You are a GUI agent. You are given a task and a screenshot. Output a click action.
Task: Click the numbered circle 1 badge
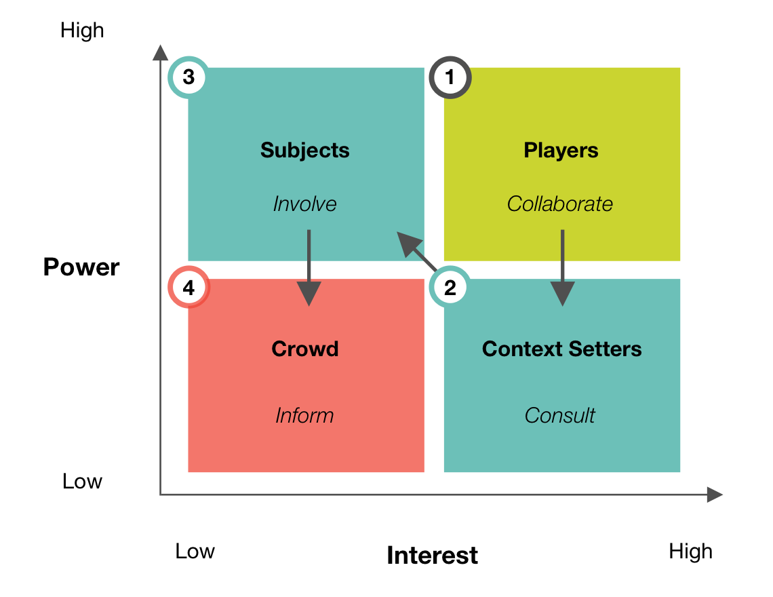[x=450, y=78]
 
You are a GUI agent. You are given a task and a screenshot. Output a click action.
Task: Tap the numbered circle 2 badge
[x=450, y=288]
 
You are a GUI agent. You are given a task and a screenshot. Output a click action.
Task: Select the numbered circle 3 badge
[x=189, y=78]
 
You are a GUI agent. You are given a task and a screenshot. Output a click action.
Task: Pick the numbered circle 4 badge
[x=189, y=288]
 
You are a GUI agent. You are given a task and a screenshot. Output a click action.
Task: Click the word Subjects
[x=304, y=150]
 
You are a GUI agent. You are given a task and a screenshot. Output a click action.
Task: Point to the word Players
[x=561, y=150]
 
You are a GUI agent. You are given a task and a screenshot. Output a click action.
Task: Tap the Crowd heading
[x=304, y=349]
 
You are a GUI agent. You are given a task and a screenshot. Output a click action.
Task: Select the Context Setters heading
[x=561, y=349]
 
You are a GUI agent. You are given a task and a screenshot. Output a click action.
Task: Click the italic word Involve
[x=304, y=204]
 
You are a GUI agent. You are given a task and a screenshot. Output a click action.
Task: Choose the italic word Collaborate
[x=560, y=204]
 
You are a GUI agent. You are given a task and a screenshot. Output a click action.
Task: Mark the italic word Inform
[x=304, y=415]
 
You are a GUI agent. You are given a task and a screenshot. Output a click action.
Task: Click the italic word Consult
[x=560, y=415]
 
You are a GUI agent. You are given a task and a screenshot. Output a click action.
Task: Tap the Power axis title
[x=81, y=267]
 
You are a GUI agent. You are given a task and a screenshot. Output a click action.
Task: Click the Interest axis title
[x=432, y=556]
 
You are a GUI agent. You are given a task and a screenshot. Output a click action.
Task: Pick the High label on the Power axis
[x=82, y=31]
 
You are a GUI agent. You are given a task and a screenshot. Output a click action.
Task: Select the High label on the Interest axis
[x=690, y=552]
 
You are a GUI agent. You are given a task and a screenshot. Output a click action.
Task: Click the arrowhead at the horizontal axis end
[x=715, y=495]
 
